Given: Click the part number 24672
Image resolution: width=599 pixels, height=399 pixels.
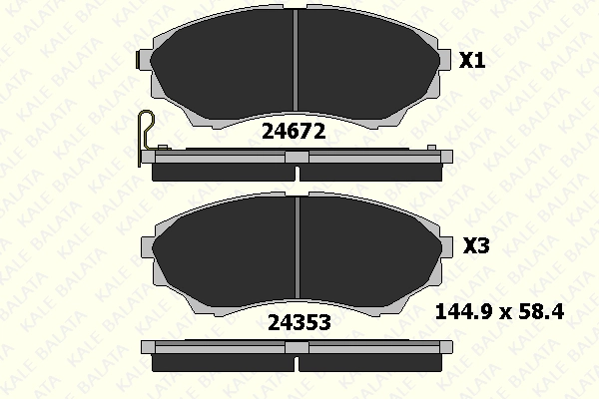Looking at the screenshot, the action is pos(294,132).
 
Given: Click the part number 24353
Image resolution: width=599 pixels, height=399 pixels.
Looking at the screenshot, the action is pos(299,322).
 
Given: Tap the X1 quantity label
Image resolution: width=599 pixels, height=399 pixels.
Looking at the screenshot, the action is pos(472,60).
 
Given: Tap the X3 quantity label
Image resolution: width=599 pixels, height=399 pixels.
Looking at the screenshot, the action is pos(476,245).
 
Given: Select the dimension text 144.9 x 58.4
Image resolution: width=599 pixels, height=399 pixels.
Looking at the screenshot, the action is pos(500,312).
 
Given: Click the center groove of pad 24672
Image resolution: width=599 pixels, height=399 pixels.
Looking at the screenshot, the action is pos(295,59).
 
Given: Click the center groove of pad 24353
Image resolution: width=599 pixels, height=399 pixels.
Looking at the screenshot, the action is pos(298,247).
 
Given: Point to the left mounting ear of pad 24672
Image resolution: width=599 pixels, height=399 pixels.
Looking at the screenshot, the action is pos(144,60).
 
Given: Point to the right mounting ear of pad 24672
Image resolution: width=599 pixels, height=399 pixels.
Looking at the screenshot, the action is pos(444,60).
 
